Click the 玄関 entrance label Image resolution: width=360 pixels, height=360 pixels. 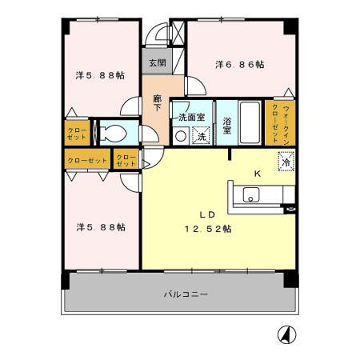coord(158,63)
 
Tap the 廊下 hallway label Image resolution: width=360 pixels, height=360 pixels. coord(157,103)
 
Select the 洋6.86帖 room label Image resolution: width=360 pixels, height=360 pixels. coord(240,65)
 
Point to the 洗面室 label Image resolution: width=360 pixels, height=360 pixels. coord(192,117)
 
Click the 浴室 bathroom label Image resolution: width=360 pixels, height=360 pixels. coord(226,126)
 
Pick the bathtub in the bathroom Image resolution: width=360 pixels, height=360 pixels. coord(250,122)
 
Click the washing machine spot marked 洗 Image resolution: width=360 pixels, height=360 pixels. coord(202,136)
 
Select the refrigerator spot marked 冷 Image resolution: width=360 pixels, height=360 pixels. coord(286,162)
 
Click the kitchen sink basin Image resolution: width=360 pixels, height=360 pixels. coord(251,194)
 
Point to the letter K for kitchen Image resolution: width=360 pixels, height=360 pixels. coord(258,174)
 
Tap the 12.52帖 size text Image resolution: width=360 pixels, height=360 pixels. coord(208,229)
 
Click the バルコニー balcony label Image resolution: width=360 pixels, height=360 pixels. coord(186,294)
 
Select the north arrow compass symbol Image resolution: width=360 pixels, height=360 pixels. coord(286,334)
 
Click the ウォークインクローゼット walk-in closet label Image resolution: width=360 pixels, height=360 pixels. coord(280,123)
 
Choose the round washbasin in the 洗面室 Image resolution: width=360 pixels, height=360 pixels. coord(181,136)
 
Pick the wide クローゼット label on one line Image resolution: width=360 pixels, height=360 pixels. coord(87,161)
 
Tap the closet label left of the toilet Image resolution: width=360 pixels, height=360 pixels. coord(77,134)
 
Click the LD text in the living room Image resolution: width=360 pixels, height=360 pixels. coord(207,214)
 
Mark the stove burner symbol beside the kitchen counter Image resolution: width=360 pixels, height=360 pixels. coord(290,210)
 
